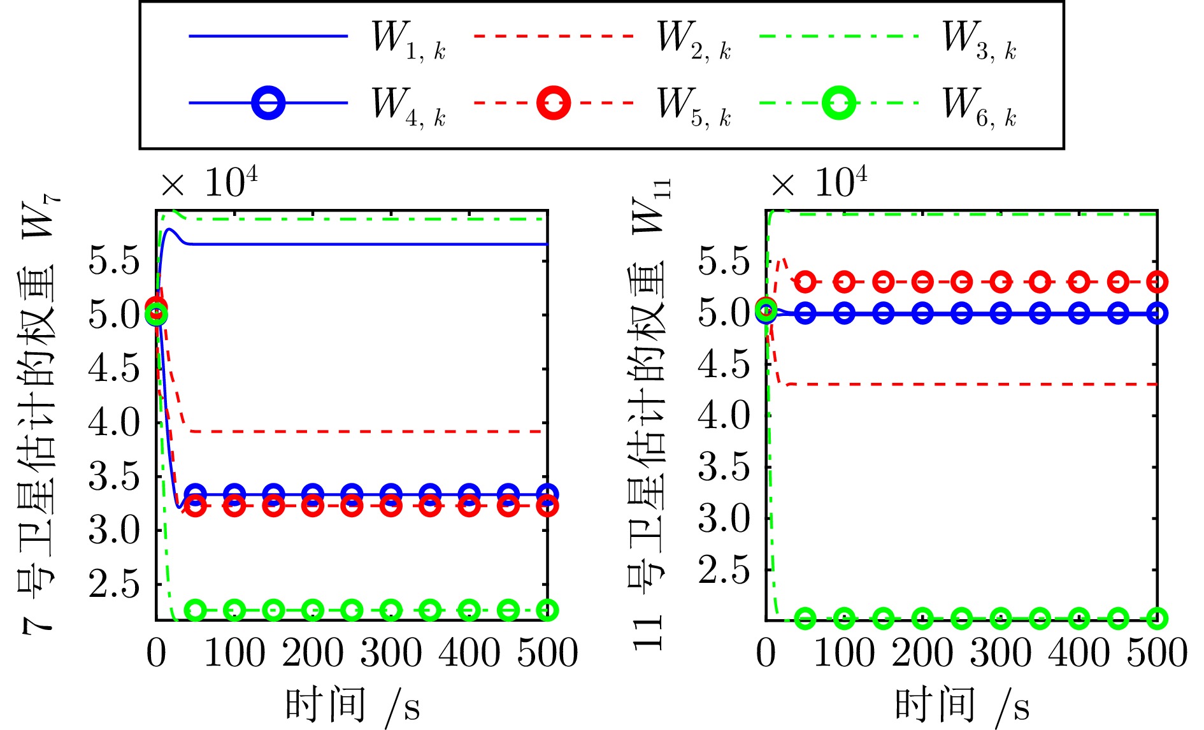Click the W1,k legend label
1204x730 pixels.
pos(408,39)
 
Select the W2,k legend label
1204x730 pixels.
pos(694,39)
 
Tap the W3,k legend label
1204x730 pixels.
pos(979,39)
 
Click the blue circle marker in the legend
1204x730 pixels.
pos(268,103)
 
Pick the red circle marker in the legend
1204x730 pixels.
pos(553,103)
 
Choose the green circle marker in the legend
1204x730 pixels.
pos(838,103)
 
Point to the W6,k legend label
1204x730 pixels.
pos(979,106)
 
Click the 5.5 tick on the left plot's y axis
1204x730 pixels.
pos(113,261)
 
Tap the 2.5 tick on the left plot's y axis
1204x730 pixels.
pos(113,583)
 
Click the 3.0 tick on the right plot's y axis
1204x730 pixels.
pos(724,519)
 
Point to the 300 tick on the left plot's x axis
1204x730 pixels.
pos(391,654)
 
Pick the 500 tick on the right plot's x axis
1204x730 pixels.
pos(1157,654)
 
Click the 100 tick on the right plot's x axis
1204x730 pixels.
pos(845,654)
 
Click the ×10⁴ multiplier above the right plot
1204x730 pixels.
pos(819,183)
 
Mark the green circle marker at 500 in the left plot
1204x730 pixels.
pos(547,610)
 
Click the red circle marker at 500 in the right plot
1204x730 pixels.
pos(1157,282)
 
